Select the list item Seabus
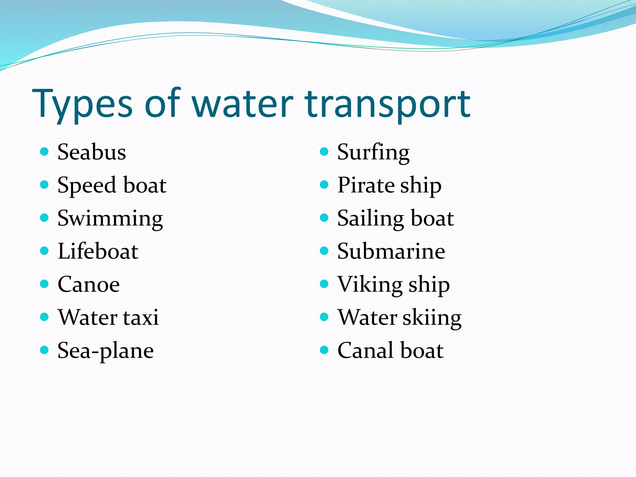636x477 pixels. coord(92,152)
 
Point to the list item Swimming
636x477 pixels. coord(110,219)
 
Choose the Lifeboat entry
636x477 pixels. coord(98,251)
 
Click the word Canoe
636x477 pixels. coord(89,284)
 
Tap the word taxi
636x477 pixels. coord(141,317)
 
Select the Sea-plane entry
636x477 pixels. coord(106,351)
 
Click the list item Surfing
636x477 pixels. coord(373,152)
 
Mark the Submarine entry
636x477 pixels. coord(391,251)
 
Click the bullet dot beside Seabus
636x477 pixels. coord(44,152)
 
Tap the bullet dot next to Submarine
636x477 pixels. coord(324,251)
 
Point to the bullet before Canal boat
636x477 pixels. coord(324,350)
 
